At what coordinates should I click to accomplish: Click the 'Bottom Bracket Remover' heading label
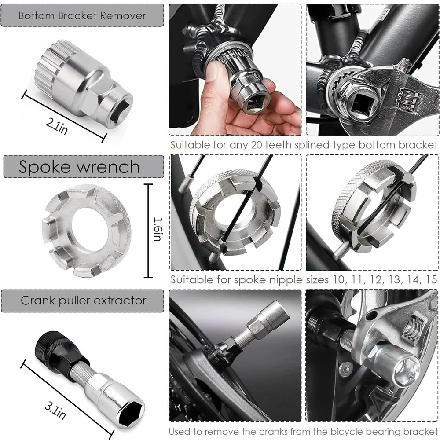tap(82, 16)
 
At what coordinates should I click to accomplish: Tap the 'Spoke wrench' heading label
tap(79, 167)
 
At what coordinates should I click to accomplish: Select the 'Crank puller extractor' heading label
tap(83, 301)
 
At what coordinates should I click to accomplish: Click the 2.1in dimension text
tap(57, 126)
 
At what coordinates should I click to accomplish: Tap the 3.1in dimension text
tap(55, 411)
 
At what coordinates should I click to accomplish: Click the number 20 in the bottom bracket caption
tap(257, 145)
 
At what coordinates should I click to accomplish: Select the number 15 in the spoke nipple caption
tap(431, 279)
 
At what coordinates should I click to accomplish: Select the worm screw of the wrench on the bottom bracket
tap(410, 99)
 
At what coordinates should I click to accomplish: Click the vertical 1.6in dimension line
tap(148, 231)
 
